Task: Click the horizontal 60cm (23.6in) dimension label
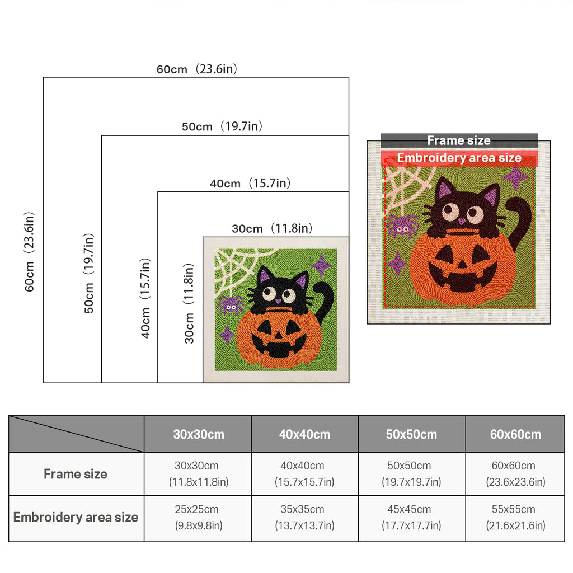coord(197,69)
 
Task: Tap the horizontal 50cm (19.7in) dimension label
coord(222,126)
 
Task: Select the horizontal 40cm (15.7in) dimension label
coord(250,183)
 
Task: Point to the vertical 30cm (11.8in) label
coord(189,304)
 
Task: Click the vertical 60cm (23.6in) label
coord(29,252)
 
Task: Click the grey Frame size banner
coord(459,140)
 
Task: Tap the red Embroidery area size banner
coord(459,158)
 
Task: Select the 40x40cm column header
coord(304,434)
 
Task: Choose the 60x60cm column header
coord(515,434)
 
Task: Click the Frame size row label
coord(76,474)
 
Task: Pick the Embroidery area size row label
coord(76,518)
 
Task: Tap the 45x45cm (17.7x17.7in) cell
coord(411,518)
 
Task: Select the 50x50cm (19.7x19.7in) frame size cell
coord(411,473)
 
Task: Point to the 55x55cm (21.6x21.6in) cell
coord(515,518)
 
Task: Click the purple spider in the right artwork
coord(402,227)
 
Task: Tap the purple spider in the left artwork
coord(231,306)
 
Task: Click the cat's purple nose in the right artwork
coord(462,221)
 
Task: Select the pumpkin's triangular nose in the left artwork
coord(278,335)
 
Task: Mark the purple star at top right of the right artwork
coord(516,177)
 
